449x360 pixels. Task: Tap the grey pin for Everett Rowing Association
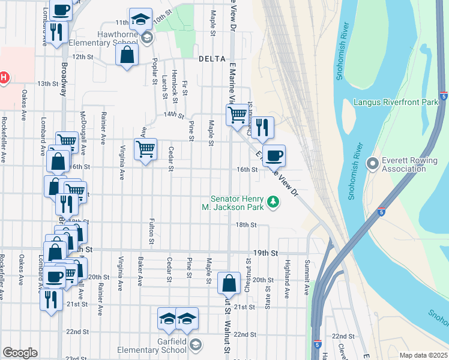[x=372, y=162]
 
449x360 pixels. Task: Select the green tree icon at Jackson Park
[x=274, y=202]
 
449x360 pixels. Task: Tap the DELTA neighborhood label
[x=212, y=59]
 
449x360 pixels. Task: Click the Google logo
[x=20, y=353]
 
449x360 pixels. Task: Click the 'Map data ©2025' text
[x=423, y=355]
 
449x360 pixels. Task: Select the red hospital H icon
[x=3, y=77]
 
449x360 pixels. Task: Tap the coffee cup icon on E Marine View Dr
[x=274, y=155]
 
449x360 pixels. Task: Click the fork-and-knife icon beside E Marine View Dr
[x=262, y=126]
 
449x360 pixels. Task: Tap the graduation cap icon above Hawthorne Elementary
[x=140, y=19]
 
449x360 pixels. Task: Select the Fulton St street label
[x=151, y=231]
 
